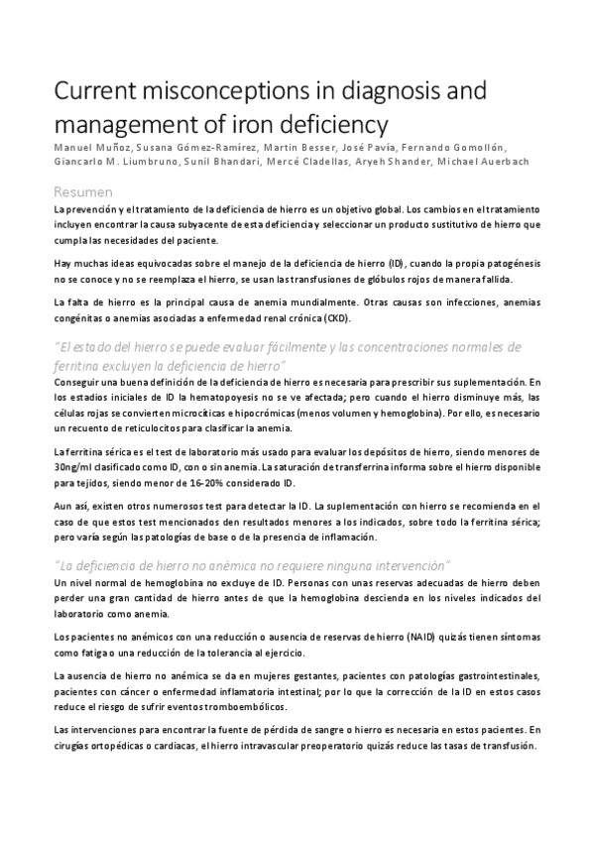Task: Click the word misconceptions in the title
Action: (x=209, y=94)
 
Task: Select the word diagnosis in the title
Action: (x=381, y=94)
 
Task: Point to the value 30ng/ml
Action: (x=75, y=466)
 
